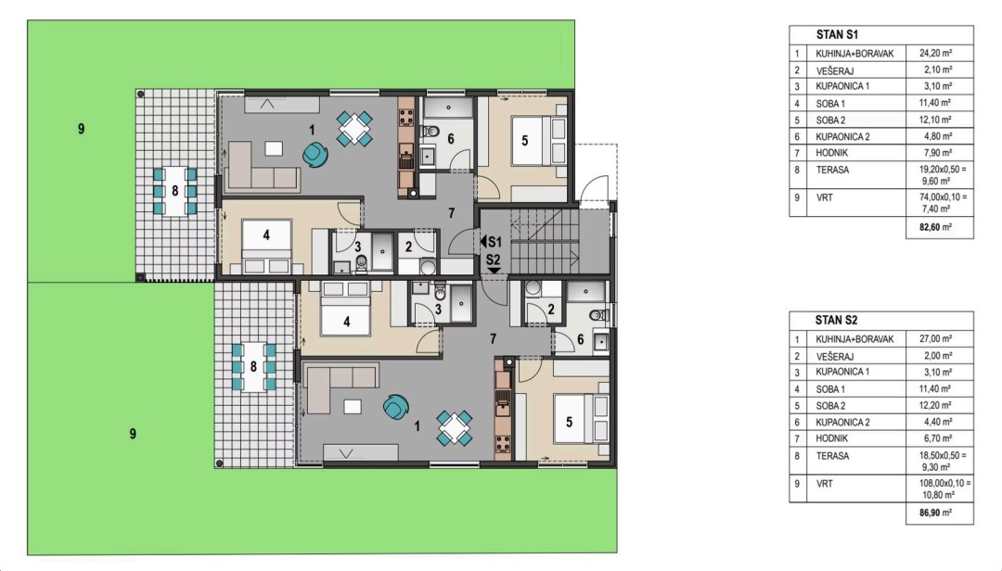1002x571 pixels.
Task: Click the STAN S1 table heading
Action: pyautogui.click(x=837, y=35)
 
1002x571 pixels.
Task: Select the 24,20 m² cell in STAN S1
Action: pyautogui.click(x=935, y=54)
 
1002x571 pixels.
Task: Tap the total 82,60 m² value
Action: pyautogui.click(x=935, y=227)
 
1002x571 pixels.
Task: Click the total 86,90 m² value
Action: pyautogui.click(x=935, y=513)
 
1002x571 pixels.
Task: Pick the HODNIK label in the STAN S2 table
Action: pyautogui.click(x=831, y=438)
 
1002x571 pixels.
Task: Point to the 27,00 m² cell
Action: pyautogui.click(x=935, y=339)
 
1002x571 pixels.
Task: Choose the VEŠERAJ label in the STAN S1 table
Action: pyautogui.click(x=835, y=70)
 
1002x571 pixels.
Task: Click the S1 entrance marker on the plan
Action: pyautogui.click(x=492, y=242)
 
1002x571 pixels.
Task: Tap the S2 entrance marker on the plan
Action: pyautogui.click(x=494, y=264)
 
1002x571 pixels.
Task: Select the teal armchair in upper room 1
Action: pyautogui.click(x=315, y=154)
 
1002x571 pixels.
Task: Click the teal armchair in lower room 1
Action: pyautogui.click(x=396, y=407)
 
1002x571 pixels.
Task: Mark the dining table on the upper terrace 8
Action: pyautogui.click(x=175, y=191)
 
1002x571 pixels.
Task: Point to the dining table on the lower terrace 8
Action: pyautogui.click(x=253, y=367)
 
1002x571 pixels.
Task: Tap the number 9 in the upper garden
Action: pyautogui.click(x=81, y=129)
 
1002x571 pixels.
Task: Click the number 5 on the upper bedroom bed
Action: pyautogui.click(x=524, y=141)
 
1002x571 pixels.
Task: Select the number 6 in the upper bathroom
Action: pyautogui.click(x=451, y=139)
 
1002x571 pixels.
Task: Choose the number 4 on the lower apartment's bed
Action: pyautogui.click(x=346, y=322)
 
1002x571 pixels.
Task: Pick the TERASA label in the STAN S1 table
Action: pyautogui.click(x=832, y=170)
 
